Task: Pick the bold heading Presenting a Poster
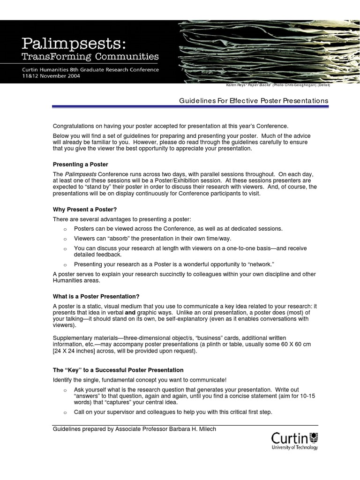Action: tap(80, 165)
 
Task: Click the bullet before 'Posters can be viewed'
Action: tap(65, 229)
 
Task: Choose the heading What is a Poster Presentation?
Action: tap(96, 296)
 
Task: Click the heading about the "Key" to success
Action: tap(118, 370)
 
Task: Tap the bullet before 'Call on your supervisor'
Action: tap(65, 412)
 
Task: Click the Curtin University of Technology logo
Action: tap(294, 441)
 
